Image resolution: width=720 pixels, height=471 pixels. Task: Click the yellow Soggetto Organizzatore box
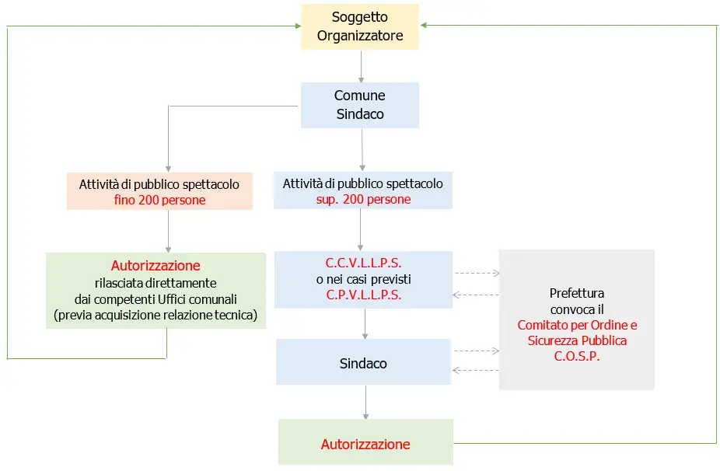click(359, 27)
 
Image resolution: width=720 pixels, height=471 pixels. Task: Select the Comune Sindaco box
click(359, 105)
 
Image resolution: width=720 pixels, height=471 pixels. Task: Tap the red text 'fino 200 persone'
click(159, 200)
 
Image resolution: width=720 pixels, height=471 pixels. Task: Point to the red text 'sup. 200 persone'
click(362, 200)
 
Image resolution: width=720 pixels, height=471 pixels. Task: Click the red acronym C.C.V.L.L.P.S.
click(363, 263)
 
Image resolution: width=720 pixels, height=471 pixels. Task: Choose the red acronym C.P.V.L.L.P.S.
click(363, 295)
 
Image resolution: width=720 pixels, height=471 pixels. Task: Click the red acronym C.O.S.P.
click(576, 357)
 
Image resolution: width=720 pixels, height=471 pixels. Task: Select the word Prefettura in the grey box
click(576, 294)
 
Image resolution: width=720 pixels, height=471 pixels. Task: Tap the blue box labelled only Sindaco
click(363, 363)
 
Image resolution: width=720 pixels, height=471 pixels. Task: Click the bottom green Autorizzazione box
click(365, 445)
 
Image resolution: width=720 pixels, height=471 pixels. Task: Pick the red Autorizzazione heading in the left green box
click(156, 266)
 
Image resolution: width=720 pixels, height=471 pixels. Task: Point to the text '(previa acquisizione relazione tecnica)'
click(156, 315)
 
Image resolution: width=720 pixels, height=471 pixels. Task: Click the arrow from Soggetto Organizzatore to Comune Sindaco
click(360, 66)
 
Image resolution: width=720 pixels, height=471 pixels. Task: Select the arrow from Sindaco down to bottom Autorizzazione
click(365, 403)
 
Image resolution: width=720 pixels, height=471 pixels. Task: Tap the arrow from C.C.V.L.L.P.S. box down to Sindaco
click(365, 323)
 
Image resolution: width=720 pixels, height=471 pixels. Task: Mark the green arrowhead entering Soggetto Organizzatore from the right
click(425, 26)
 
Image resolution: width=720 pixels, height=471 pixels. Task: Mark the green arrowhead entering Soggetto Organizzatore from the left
click(295, 26)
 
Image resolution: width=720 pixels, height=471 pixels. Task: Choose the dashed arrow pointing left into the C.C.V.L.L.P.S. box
click(475, 295)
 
